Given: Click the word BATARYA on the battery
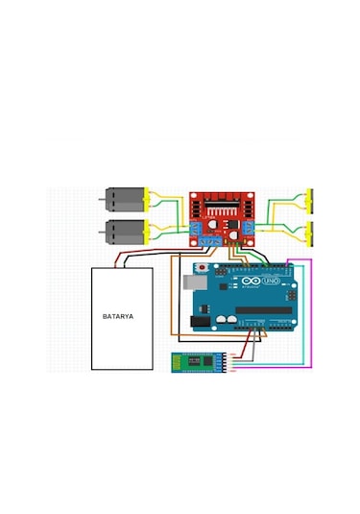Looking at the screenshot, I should click(x=122, y=315).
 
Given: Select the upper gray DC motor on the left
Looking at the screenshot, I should click(x=122, y=200).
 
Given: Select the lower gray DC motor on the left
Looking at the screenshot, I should click(x=122, y=231).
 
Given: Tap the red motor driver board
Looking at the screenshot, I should click(x=222, y=215).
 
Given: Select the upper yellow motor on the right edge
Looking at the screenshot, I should click(x=309, y=200).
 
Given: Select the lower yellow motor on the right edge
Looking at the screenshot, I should click(x=309, y=232).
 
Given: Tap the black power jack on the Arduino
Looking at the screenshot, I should click(x=192, y=323).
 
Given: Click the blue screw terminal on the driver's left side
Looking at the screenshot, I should click(x=195, y=231).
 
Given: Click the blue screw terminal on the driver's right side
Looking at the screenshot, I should click(x=250, y=227).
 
